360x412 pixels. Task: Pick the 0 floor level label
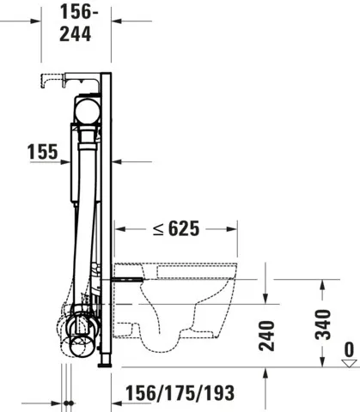tap(348, 350)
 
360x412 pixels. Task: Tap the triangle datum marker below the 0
tap(348, 364)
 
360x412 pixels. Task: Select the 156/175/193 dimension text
tap(179, 392)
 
